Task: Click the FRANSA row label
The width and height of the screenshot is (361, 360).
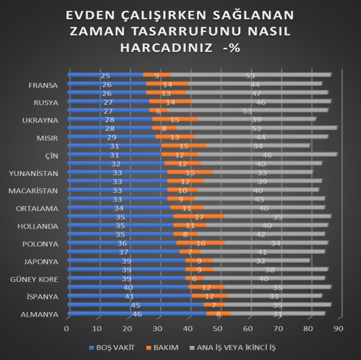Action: click(x=43, y=86)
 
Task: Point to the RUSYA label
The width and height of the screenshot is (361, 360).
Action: click(x=46, y=103)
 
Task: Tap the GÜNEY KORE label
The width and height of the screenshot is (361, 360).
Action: click(x=34, y=279)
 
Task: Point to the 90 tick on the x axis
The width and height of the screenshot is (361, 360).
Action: click(x=338, y=328)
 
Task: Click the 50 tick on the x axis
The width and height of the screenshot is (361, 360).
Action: click(x=218, y=328)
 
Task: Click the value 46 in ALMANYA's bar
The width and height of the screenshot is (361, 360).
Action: click(x=138, y=314)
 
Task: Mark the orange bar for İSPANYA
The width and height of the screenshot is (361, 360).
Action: click(x=209, y=296)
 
